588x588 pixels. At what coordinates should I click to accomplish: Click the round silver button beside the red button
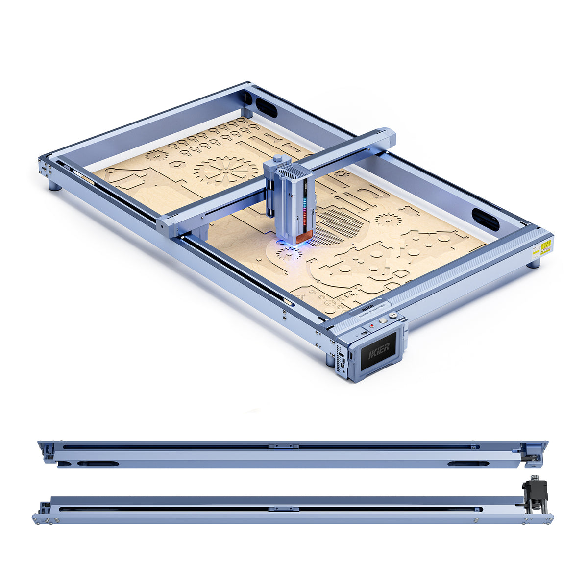tap(383, 321)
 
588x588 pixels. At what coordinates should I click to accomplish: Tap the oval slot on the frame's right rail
tap(485, 219)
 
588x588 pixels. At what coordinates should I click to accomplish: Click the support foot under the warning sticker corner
tap(534, 263)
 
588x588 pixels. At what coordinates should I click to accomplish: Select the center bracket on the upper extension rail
tap(283, 446)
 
